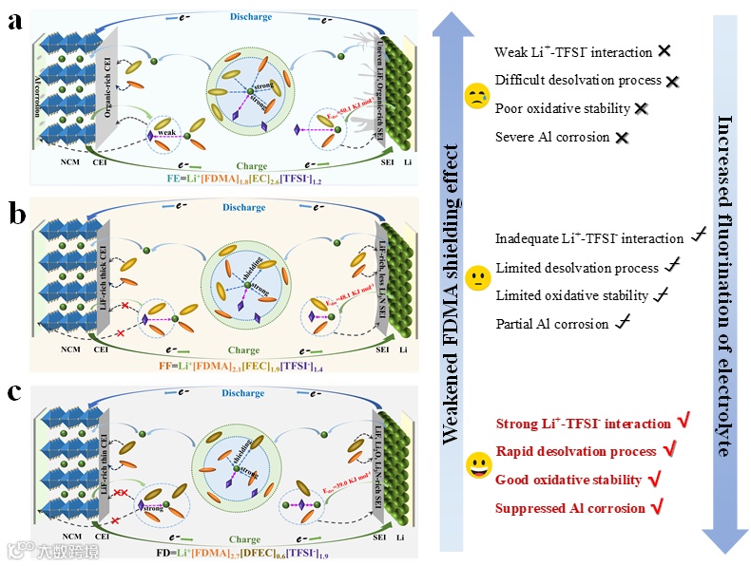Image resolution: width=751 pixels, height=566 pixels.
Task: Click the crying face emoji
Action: pos(475,95)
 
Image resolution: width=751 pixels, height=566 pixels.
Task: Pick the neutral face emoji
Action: pos(475,280)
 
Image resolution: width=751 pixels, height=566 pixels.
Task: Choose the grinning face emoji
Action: pos(475,465)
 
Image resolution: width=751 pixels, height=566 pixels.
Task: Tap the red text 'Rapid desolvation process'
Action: pos(576,451)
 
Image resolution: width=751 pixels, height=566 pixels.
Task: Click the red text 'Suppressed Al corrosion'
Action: pos(570,508)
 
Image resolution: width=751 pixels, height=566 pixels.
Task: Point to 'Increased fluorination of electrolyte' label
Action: pos(724,285)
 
